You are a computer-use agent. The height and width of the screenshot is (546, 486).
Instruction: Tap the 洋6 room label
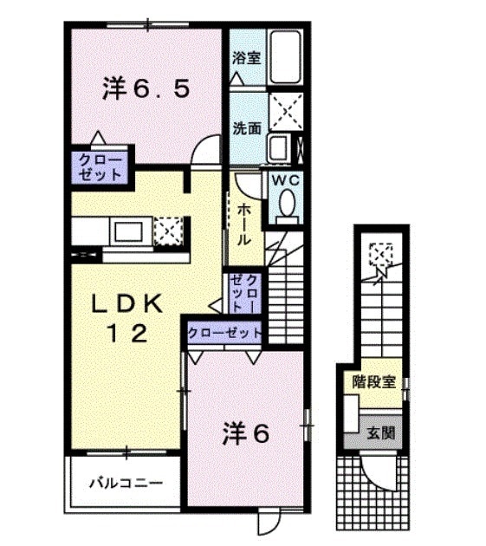246,432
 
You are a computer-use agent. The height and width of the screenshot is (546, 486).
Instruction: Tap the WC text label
286,180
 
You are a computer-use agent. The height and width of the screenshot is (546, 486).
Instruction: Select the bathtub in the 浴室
284,57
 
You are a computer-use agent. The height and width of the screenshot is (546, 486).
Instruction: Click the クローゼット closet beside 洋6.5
100,167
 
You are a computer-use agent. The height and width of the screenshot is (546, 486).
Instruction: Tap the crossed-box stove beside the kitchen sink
169,231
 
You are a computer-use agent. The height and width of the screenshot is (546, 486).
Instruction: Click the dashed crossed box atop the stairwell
380,255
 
